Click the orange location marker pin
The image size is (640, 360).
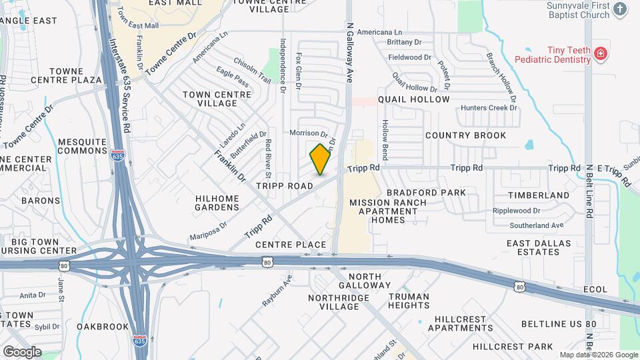click(x=321, y=159)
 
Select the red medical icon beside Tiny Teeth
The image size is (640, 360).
click(x=601, y=53)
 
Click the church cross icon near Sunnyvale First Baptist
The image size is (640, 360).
click(x=621, y=9)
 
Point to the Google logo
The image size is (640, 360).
click(x=22, y=351)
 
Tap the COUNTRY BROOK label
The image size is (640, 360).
click(x=465, y=135)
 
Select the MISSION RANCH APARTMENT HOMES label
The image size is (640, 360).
click(x=383, y=211)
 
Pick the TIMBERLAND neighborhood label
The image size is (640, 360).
click(x=538, y=195)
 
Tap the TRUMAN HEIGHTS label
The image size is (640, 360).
click(x=409, y=301)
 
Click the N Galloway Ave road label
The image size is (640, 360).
click(x=349, y=53)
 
